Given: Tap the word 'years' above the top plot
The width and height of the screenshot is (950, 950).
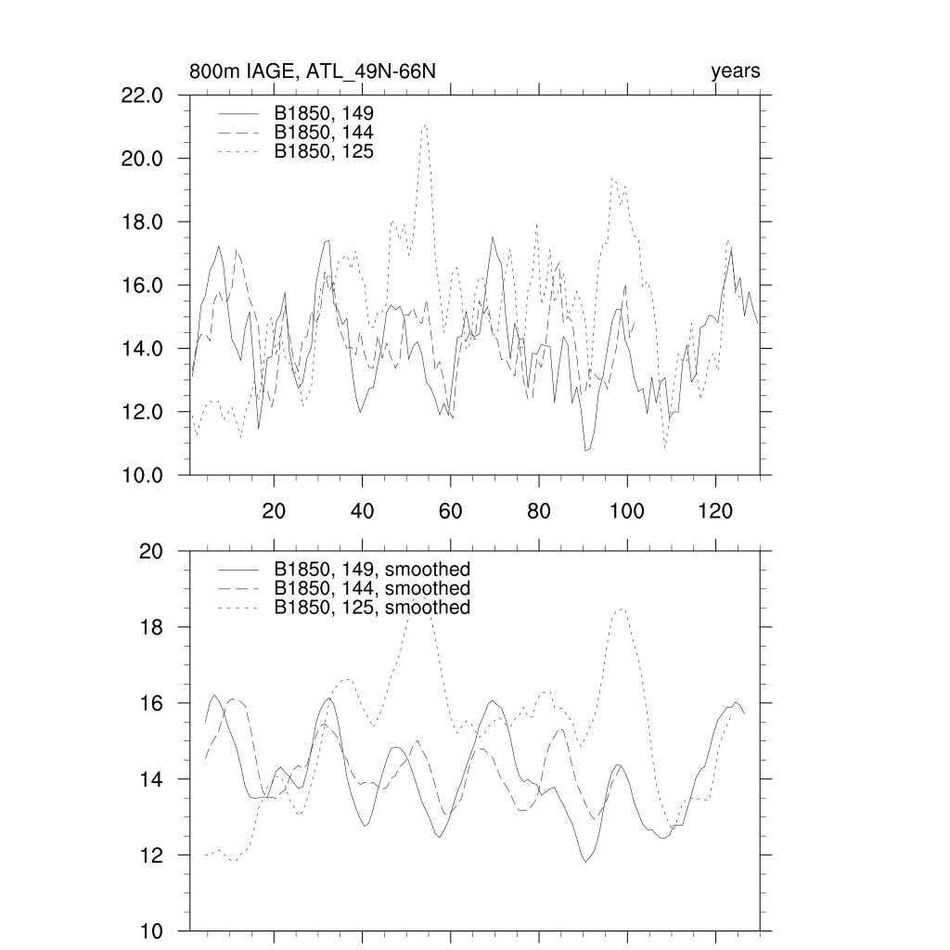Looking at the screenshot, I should (x=736, y=71).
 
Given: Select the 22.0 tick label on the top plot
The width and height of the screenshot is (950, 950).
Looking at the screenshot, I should (x=143, y=96).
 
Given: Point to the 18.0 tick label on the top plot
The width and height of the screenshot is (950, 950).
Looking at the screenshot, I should (x=143, y=222).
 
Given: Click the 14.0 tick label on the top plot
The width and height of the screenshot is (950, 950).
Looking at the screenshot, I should (x=143, y=349).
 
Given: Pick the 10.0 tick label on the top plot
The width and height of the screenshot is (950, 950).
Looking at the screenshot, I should (x=143, y=475).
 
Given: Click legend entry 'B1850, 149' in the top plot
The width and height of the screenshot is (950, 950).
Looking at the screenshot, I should (x=324, y=113).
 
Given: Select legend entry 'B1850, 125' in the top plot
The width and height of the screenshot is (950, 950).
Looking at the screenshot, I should (x=324, y=150).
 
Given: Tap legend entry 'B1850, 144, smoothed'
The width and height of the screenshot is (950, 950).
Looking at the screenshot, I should (x=372, y=589).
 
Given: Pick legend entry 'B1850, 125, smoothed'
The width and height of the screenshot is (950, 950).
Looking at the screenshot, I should (x=372, y=608).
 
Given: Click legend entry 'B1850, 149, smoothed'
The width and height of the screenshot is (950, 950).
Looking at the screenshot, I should (x=372, y=570).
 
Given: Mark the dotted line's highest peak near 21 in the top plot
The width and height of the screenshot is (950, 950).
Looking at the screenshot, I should (x=425, y=123).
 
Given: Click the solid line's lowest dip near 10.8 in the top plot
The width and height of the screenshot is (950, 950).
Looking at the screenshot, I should (x=586, y=450).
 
